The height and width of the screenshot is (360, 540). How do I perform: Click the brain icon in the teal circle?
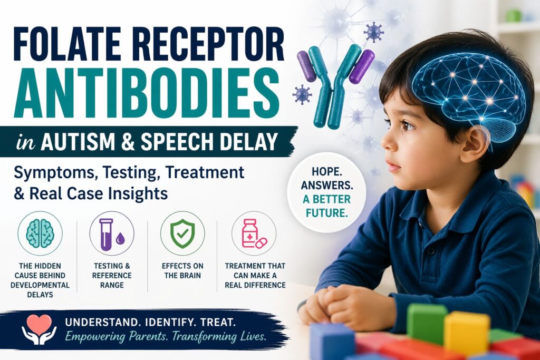click(40, 233)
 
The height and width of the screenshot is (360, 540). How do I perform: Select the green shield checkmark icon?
click(182, 233)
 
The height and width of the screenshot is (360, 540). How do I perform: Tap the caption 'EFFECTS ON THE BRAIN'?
click(182, 270)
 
